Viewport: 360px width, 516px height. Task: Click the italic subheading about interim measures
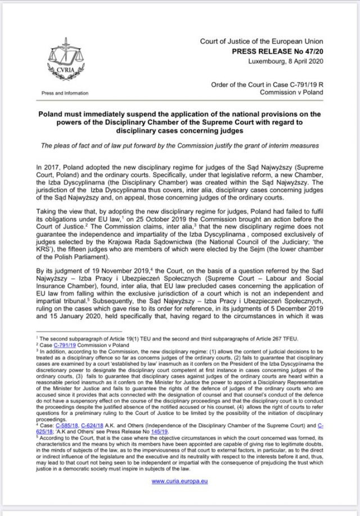179,145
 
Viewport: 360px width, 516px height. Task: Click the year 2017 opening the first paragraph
50,168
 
